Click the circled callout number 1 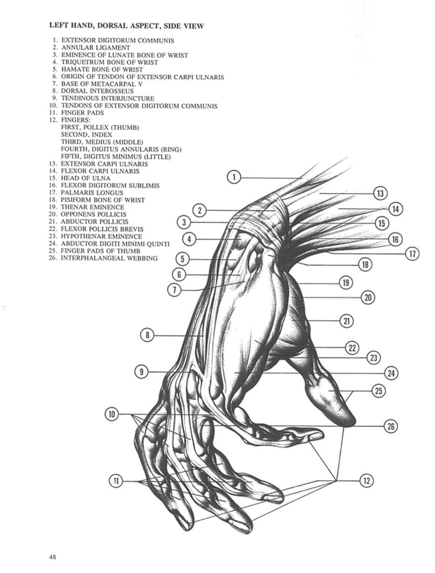tap(233, 177)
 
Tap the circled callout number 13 tap(380, 194)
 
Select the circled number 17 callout tap(412, 254)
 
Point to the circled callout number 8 tap(148, 335)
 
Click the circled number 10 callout tap(112, 414)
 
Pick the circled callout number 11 tap(116, 481)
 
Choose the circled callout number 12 tap(367, 481)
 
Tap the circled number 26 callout tap(391, 426)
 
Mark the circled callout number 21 tap(346, 320)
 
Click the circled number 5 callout tap(182, 259)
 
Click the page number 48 tap(52, 557)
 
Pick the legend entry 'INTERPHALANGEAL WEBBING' tap(108, 258)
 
